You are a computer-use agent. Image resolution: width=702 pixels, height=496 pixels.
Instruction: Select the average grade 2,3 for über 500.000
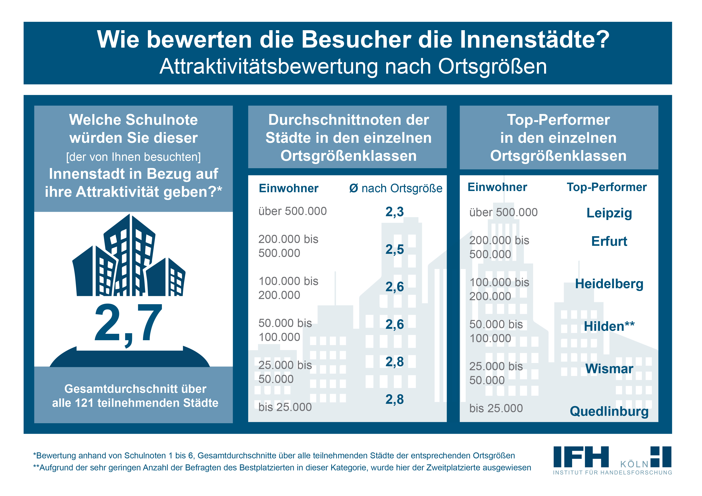coord(394,211)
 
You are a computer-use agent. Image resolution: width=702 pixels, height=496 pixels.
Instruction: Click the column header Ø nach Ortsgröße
coord(396,188)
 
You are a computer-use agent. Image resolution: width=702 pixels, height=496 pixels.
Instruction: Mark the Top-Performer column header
coord(607,187)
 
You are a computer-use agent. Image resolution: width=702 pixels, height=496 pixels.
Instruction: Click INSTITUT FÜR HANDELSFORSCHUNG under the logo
coord(612,472)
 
